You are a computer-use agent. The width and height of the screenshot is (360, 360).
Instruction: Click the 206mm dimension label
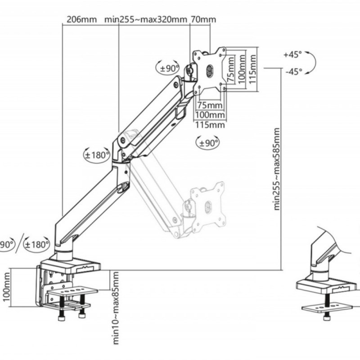point(81,19)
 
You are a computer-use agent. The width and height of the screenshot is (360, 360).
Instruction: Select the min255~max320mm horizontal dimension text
point(145,19)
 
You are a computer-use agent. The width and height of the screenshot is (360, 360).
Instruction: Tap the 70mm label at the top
point(203,19)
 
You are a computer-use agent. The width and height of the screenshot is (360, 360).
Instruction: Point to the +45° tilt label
point(292,55)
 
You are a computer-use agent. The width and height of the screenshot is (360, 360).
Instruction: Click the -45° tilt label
point(293,71)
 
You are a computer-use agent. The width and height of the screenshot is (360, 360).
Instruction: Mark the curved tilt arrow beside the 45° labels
point(310,63)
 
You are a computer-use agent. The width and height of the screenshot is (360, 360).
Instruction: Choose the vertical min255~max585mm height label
point(277,169)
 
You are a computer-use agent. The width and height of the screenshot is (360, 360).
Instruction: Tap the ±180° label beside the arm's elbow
point(97,155)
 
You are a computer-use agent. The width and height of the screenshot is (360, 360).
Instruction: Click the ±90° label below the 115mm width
point(208,143)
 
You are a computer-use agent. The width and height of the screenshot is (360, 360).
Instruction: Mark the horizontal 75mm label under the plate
point(210,105)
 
